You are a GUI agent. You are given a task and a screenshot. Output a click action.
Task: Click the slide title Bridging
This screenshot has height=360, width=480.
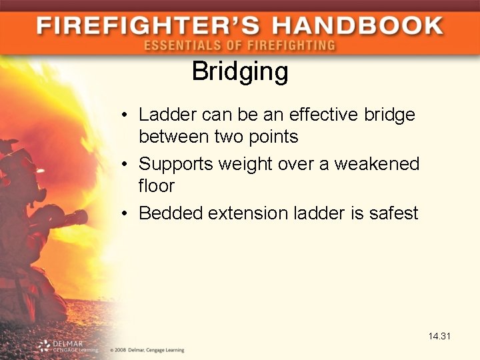click(x=240, y=72)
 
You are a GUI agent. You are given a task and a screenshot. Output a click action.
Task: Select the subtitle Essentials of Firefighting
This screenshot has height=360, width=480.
click(x=239, y=46)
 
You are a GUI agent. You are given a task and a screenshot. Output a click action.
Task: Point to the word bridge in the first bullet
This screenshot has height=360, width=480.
click(x=389, y=115)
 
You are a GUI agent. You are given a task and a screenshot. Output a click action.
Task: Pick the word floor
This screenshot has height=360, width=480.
click(x=156, y=186)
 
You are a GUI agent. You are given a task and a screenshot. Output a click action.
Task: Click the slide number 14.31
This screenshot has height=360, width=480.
click(x=440, y=336)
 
